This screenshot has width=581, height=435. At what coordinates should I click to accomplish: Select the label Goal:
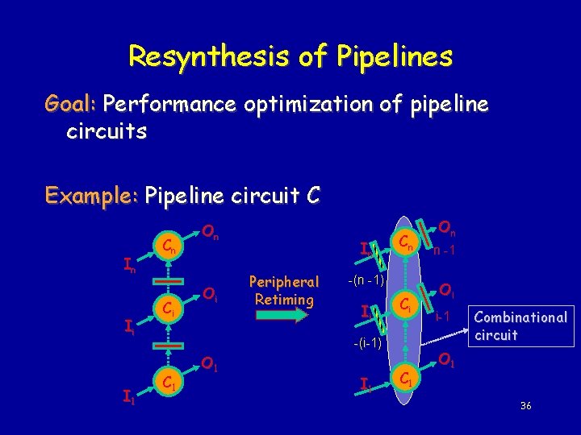click(71, 105)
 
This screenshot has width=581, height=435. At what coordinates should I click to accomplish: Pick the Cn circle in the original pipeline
click(167, 246)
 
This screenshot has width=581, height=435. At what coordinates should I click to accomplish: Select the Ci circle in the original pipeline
click(167, 309)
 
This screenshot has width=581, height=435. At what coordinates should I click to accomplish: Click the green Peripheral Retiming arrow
click(282, 317)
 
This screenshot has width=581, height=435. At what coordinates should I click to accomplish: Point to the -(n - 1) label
click(367, 280)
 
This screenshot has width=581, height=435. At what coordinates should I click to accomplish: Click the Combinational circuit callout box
click(520, 325)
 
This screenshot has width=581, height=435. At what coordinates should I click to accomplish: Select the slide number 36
click(525, 404)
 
